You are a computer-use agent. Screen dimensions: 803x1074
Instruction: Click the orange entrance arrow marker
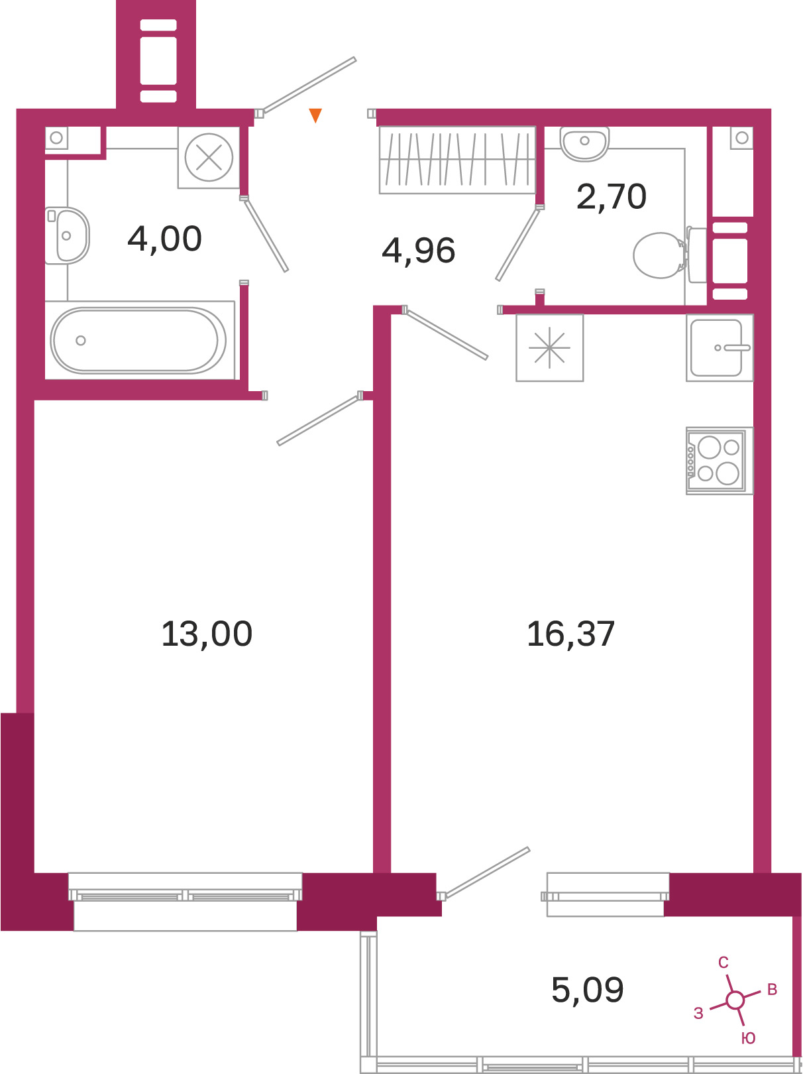pos(315,115)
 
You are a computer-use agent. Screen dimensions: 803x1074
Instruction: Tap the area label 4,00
pos(165,239)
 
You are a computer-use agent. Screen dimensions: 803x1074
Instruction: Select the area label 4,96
pos(418,251)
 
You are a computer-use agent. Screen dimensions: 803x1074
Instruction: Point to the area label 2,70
pos(612,197)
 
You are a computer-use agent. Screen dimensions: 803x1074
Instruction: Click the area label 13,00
pos(207,634)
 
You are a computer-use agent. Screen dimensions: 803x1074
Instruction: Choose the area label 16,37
pos(570,634)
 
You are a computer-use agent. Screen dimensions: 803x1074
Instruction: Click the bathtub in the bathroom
pos(138,340)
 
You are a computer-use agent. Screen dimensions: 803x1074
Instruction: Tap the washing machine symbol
pos(209,158)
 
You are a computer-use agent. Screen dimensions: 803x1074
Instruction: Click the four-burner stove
pos(720,460)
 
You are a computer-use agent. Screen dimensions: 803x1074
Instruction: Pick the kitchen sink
pos(720,347)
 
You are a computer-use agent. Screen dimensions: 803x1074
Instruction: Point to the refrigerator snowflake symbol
pos(549,347)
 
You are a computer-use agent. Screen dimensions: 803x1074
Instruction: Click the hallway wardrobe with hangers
pos(457,160)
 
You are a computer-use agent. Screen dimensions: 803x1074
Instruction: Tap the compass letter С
pos(723,963)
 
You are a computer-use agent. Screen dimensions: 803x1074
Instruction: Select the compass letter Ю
pos(748,1038)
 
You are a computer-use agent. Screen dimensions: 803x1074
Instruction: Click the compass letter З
pos(698,1013)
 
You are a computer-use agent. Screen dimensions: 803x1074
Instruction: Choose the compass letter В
pos(773,989)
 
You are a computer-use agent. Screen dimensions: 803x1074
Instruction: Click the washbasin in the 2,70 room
pos(584,143)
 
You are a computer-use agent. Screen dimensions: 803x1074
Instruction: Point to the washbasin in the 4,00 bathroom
pos(67,235)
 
